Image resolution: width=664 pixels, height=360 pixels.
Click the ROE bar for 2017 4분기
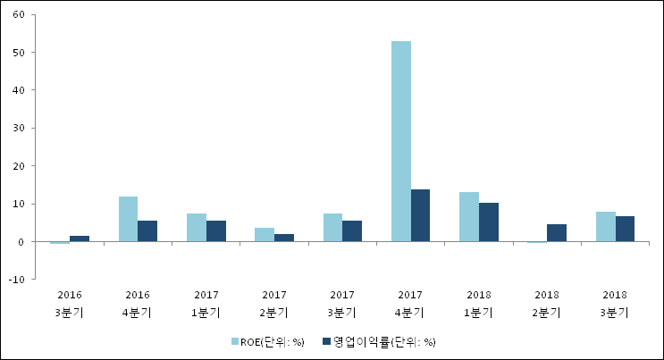pyautogui.click(x=401, y=141)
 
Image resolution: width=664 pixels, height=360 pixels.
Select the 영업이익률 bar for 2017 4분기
pyautogui.click(x=420, y=215)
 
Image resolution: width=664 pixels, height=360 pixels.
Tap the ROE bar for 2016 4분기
pyautogui.click(x=128, y=219)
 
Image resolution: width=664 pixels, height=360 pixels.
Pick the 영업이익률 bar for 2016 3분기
pyautogui.click(x=80, y=239)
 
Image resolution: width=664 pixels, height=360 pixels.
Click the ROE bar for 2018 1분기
pyautogui.click(x=469, y=217)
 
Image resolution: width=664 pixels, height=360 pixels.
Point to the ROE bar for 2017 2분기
pyautogui.click(x=265, y=235)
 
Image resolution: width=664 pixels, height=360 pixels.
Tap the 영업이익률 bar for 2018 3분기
pyautogui.click(x=625, y=229)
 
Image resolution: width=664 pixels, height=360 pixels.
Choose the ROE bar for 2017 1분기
pyautogui.click(x=197, y=228)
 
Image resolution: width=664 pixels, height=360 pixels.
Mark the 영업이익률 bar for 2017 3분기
pyautogui.click(x=352, y=231)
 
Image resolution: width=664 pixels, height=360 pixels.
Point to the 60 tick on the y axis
pyautogui.click(x=19, y=14)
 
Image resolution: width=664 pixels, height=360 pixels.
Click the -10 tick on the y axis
pyautogui.click(x=16, y=280)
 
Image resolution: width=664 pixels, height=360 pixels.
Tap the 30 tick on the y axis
pyautogui.click(x=19, y=128)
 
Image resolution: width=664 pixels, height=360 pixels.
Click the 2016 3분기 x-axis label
pyautogui.click(x=70, y=304)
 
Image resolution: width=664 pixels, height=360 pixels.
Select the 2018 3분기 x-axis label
pyautogui.click(x=615, y=304)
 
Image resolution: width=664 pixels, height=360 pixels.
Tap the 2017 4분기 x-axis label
pyautogui.click(x=410, y=304)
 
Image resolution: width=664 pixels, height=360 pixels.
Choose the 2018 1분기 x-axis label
pyautogui.click(x=478, y=304)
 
